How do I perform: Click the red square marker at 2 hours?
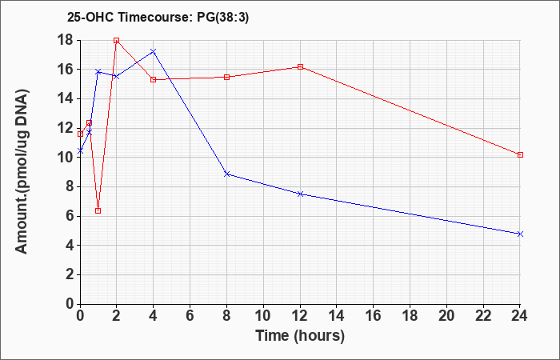coord(116,40)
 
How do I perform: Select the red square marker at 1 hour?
coord(98,210)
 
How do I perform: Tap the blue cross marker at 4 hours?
coord(154,51)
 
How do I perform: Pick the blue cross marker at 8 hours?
coord(226,174)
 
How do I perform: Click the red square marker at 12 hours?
coord(300,66)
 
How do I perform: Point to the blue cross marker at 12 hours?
coord(300,194)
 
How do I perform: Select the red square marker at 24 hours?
coord(520,154)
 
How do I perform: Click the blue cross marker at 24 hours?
coord(520,234)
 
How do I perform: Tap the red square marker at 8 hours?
coord(226,77)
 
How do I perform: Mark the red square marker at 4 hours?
coord(154,80)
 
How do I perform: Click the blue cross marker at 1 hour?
coord(98,72)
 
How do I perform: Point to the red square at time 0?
coord(80,134)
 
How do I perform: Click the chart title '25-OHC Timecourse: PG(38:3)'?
coord(158,17)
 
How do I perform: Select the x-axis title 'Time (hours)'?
coord(300,336)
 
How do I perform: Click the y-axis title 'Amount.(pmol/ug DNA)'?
coord(22,172)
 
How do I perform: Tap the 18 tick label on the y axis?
coord(66,40)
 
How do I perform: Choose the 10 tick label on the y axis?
coord(66,157)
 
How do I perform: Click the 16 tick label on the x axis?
coord(374,316)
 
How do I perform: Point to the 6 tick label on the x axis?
coord(190,316)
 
